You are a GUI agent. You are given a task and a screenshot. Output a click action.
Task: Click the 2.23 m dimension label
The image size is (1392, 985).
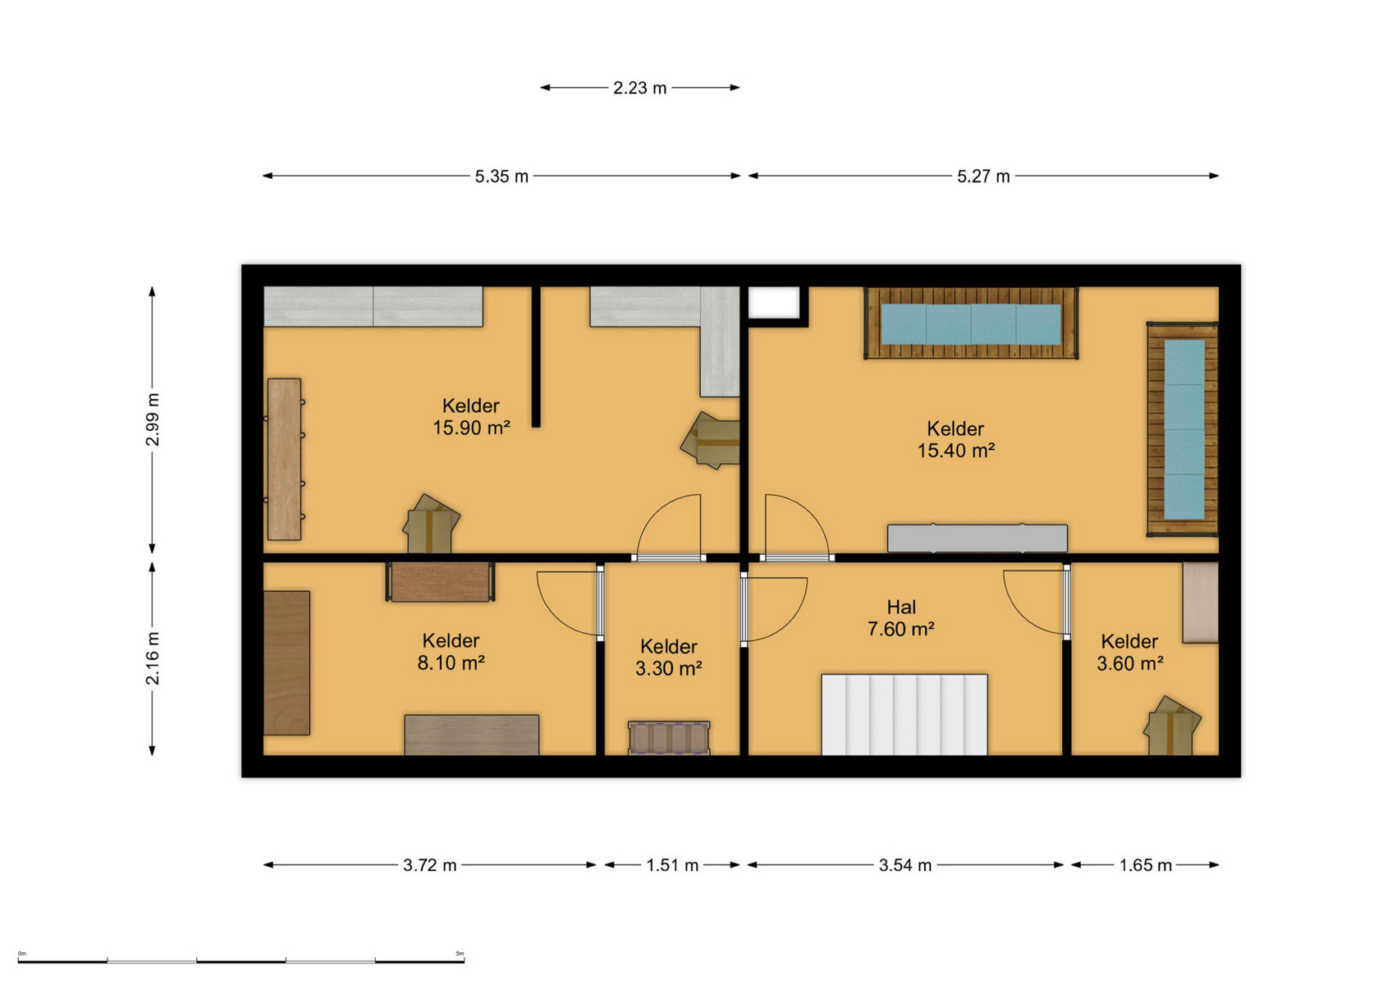(639, 89)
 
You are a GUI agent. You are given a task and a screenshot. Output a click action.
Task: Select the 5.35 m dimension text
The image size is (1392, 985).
(501, 176)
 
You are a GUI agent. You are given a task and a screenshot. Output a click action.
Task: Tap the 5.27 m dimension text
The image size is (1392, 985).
(983, 176)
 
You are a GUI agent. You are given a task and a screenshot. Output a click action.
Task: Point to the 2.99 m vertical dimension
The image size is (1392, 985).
(153, 419)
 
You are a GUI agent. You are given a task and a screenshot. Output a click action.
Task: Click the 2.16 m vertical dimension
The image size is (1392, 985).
(153, 658)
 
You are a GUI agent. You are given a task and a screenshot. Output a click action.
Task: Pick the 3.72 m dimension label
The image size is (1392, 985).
(429, 865)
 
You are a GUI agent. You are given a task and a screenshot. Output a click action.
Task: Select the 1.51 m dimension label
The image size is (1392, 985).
(672, 865)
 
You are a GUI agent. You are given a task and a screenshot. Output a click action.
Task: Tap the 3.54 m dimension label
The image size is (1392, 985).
(904, 865)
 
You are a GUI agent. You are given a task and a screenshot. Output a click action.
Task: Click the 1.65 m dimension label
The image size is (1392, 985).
(1145, 865)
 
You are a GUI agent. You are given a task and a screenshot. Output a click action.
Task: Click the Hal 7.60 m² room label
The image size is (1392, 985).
(901, 618)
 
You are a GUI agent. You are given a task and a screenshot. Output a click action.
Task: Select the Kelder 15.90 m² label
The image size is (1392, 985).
(471, 416)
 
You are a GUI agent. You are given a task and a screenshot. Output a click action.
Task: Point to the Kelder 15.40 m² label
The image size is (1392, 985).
(955, 439)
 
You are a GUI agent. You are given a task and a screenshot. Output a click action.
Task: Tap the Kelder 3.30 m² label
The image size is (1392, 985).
(669, 657)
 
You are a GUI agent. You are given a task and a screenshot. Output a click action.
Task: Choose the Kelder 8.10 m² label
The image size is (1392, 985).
(451, 651)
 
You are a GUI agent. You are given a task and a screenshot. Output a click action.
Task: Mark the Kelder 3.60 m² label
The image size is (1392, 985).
(1129, 653)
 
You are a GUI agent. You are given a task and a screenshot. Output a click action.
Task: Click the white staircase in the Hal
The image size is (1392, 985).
(904, 715)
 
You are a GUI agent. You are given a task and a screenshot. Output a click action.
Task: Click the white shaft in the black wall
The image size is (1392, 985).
(774, 303)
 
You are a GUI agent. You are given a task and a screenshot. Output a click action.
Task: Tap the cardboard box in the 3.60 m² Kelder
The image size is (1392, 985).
(1172, 726)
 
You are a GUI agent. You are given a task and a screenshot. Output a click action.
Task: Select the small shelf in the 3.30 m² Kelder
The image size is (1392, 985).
(669, 738)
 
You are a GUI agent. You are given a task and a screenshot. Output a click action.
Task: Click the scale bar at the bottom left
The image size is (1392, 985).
(241, 960)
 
